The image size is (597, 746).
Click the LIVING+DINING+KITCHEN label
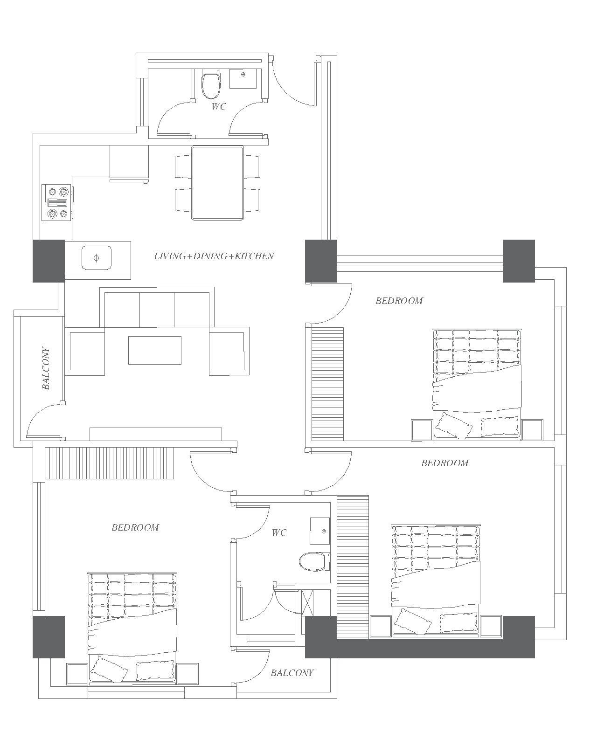pos(214,256)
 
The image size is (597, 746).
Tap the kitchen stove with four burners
pos(57,202)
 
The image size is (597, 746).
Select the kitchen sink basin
pos(97,258)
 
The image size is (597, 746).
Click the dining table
pos(217,183)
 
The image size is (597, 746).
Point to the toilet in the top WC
pos(211,84)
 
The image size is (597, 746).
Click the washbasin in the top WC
pos(243,78)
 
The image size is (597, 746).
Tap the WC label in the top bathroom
pos(219,106)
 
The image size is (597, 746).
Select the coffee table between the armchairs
pos(155,350)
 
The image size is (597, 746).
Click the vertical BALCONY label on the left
pos(46,368)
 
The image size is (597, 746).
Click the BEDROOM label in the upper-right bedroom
pos(399,301)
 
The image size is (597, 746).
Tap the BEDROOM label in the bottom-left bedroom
pos(135,527)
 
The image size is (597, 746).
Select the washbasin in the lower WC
pos(320,531)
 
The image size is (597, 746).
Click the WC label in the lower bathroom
pos(279,532)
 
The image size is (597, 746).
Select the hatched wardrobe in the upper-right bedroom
pos(327,384)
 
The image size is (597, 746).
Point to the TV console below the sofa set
pos(156,434)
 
